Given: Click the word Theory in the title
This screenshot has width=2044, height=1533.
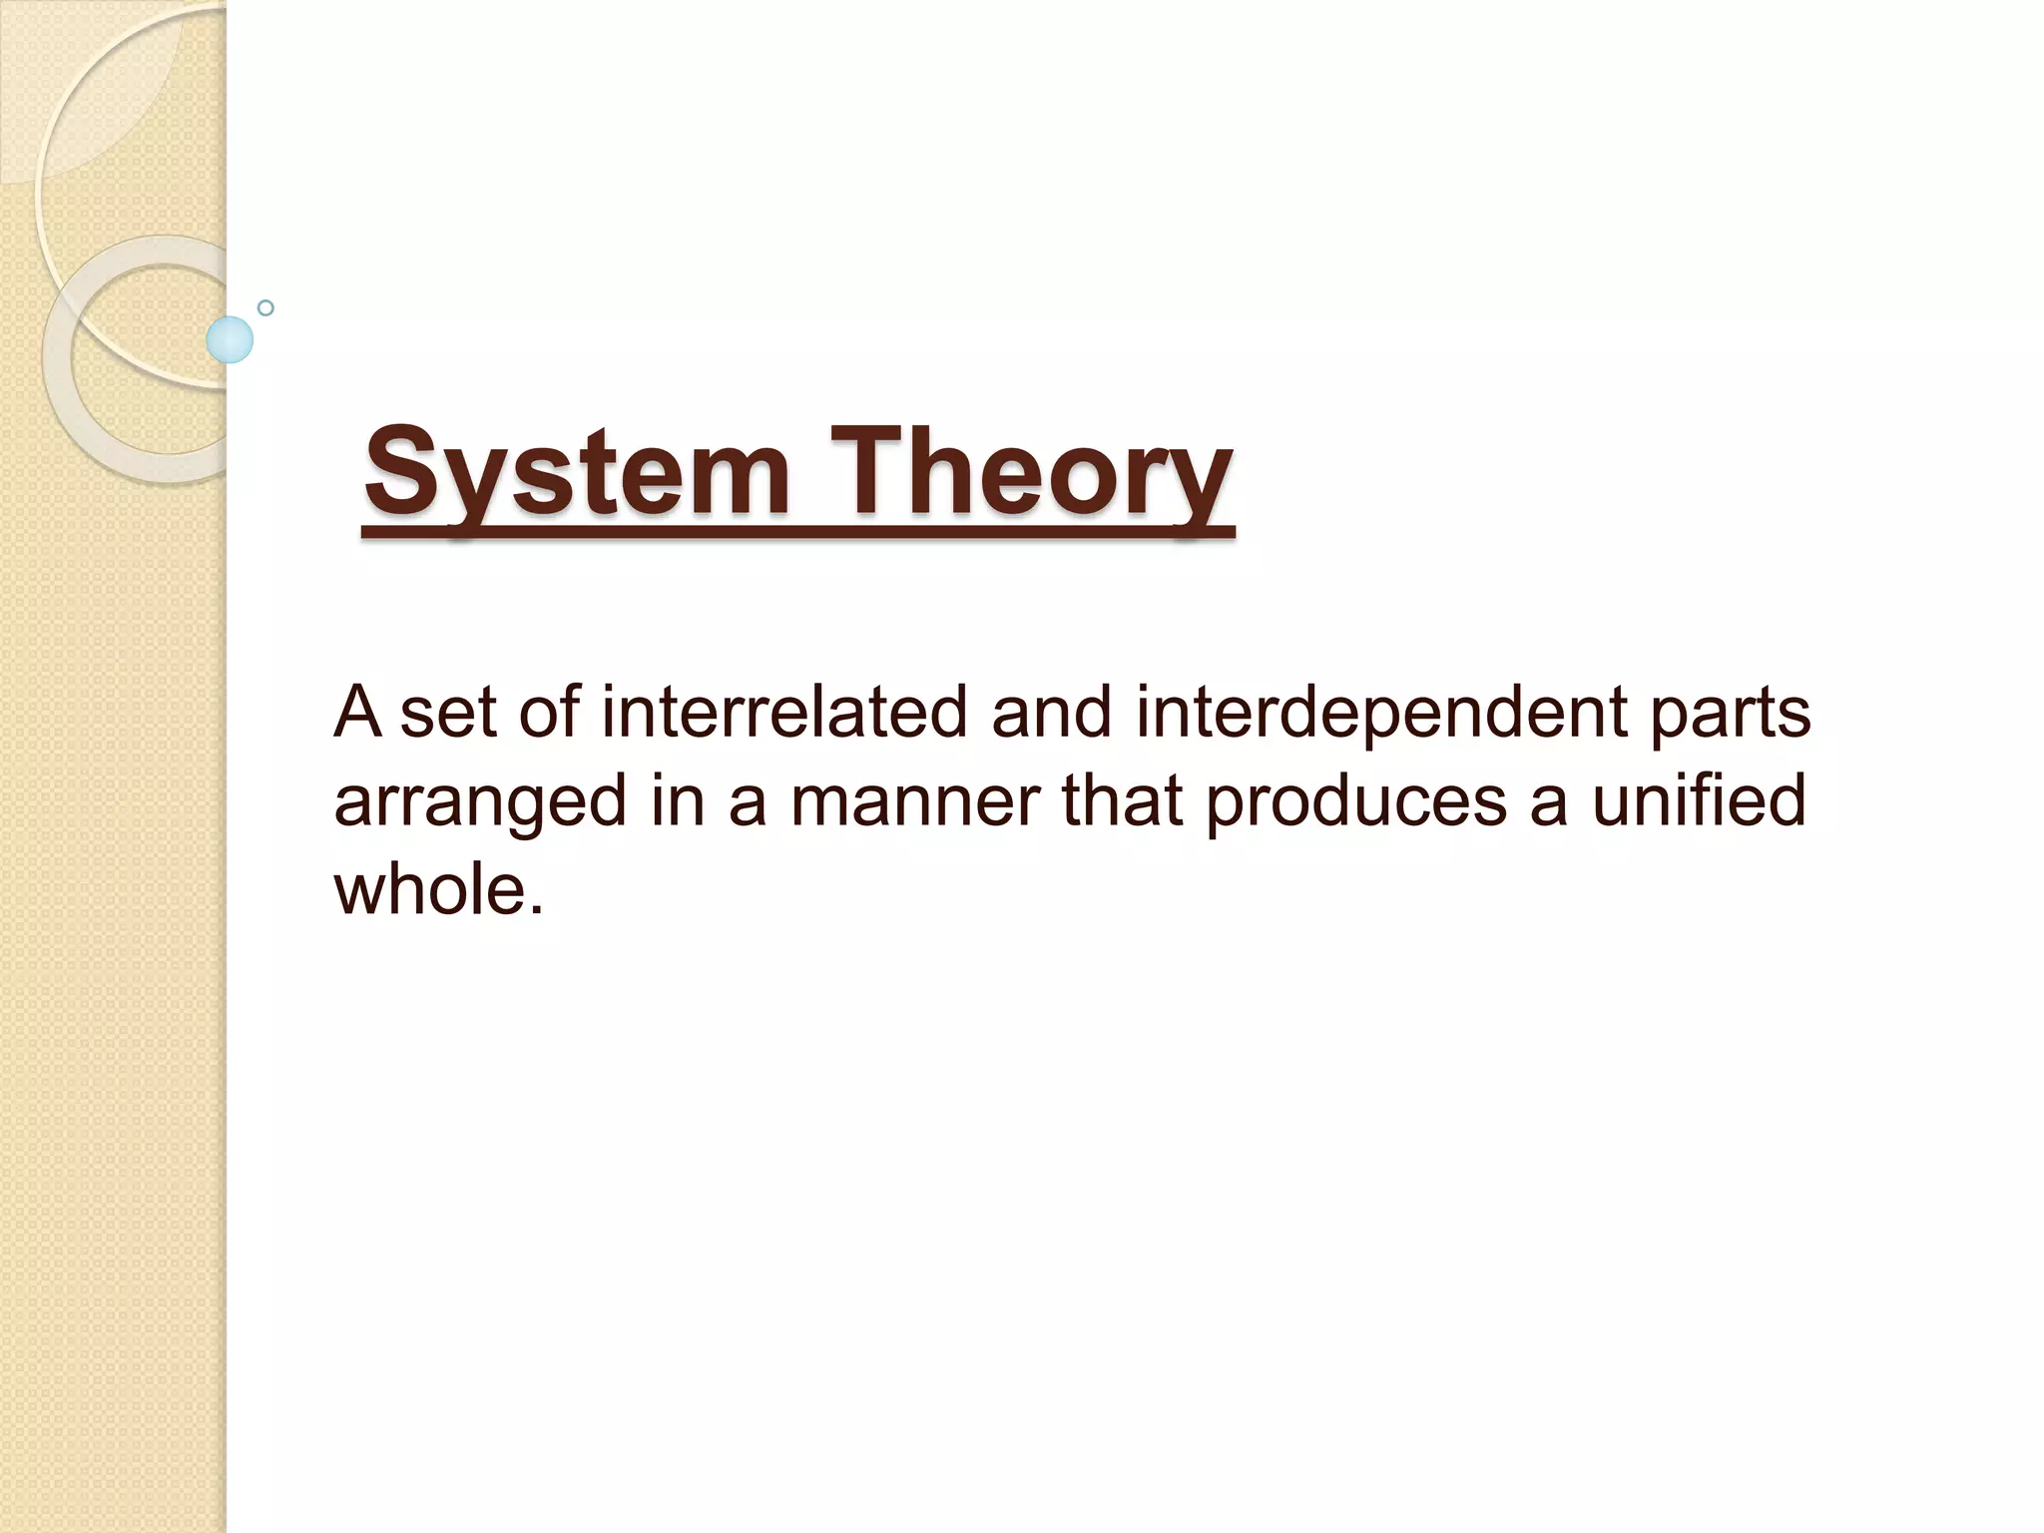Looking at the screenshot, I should [x=1028, y=471].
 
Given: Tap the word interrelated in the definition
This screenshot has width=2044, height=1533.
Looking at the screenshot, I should [x=784, y=713].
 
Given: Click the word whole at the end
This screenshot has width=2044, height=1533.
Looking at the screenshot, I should [x=439, y=888].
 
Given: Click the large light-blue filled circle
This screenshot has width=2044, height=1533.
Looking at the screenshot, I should [x=230, y=340].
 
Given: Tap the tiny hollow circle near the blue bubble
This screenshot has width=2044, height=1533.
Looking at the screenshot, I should [x=265, y=308].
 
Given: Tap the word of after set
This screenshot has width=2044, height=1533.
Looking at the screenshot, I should [x=549, y=713].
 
